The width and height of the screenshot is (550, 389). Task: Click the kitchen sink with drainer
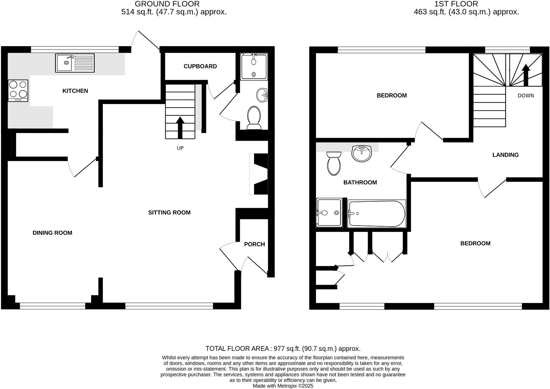(x=75, y=63)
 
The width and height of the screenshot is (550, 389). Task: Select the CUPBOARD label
(x=200, y=67)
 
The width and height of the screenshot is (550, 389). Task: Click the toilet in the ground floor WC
(x=254, y=118)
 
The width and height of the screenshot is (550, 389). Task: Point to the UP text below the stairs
(x=180, y=148)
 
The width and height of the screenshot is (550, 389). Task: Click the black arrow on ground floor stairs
(x=180, y=128)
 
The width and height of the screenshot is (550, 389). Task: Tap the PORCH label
(x=254, y=244)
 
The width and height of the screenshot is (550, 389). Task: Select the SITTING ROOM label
(x=169, y=213)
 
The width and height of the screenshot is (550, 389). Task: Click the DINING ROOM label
(x=52, y=233)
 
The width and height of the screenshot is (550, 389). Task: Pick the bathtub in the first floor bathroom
(x=376, y=214)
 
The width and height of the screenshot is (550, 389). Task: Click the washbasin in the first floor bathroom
(x=362, y=154)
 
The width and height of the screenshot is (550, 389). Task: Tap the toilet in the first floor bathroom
(x=334, y=163)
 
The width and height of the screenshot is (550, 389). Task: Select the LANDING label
(x=505, y=155)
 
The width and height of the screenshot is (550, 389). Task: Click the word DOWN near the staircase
(x=526, y=96)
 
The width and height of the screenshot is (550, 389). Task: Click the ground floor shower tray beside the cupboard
(x=254, y=67)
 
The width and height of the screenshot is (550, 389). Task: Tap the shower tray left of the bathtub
(x=329, y=213)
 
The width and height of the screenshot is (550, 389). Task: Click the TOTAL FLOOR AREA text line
(x=283, y=349)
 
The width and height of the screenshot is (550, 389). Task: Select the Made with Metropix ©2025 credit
(x=283, y=386)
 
